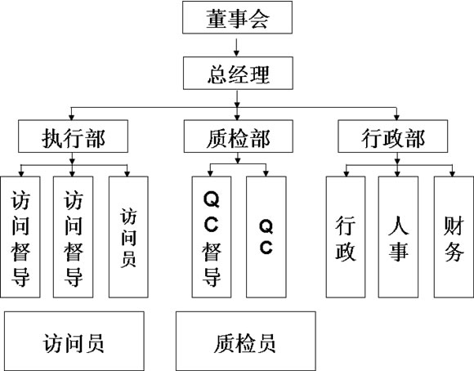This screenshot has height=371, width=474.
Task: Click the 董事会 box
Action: [x=237, y=17]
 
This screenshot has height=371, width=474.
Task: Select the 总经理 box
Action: [x=238, y=74]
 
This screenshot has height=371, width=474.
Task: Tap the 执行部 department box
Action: [x=73, y=136]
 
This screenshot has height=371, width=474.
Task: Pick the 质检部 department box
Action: [x=238, y=136]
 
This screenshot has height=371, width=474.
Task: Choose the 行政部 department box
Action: [x=392, y=136]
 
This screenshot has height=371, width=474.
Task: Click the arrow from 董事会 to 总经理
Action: [x=236, y=47]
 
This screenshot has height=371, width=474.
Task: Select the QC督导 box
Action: [x=212, y=237]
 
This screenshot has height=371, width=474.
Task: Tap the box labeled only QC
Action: [x=266, y=237]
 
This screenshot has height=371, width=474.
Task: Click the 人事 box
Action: [x=399, y=237]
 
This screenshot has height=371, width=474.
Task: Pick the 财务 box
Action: [x=454, y=237]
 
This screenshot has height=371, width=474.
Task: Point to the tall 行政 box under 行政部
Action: [x=346, y=237]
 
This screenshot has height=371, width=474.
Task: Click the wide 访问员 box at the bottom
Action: [x=74, y=341]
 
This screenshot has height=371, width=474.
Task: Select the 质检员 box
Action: [x=246, y=341]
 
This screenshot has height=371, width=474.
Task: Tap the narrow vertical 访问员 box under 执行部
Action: [x=128, y=237]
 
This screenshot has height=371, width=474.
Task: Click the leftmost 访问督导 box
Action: [x=20, y=237]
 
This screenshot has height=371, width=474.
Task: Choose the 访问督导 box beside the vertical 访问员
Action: [x=74, y=237]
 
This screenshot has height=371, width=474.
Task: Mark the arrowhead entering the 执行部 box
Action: [x=71, y=118]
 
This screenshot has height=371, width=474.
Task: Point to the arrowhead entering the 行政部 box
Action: [x=396, y=118]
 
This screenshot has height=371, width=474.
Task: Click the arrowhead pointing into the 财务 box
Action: [x=452, y=174]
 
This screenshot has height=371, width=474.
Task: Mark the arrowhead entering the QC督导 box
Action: [x=210, y=174]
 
